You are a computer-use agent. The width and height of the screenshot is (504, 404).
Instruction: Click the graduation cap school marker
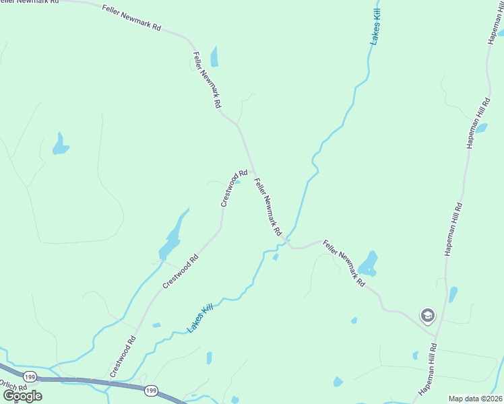tap(427, 314)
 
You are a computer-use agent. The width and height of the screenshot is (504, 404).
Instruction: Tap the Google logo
tap(23, 395)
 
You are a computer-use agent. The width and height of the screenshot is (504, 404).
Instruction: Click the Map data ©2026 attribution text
tap(474, 399)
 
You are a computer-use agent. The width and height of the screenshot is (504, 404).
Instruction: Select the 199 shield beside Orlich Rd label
tap(29, 376)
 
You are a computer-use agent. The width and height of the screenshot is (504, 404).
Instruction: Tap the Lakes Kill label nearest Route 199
tap(200, 318)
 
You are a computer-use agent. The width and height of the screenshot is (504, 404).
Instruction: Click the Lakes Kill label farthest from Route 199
tap(375, 27)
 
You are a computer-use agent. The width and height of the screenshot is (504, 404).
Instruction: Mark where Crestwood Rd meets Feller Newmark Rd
tap(251, 171)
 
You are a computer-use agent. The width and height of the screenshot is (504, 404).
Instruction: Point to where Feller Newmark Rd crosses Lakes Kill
tap(288, 239)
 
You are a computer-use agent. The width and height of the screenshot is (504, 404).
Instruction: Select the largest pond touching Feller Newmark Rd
tap(368, 263)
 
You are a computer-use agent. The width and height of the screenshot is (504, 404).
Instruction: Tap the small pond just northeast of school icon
tap(453, 294)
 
